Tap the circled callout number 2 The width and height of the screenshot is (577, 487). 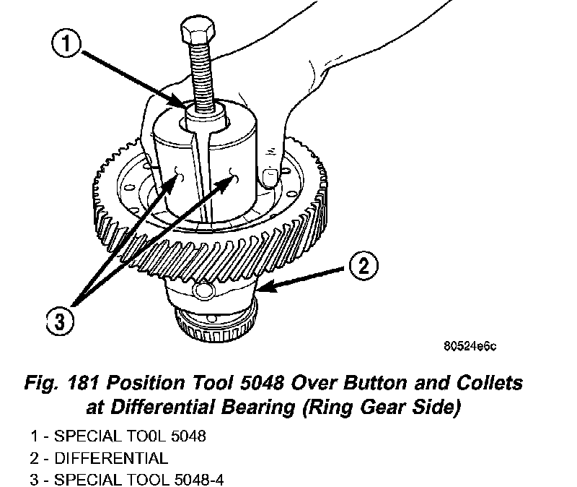coord(362,266)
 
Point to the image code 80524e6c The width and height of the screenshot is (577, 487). coord(470,346)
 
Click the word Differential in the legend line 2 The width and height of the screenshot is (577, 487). coord(118,457)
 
